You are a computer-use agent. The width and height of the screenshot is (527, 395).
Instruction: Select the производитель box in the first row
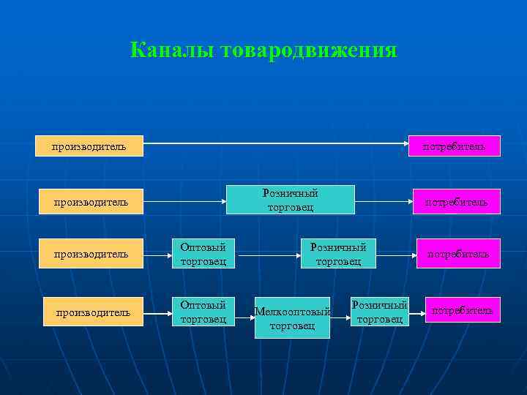89,146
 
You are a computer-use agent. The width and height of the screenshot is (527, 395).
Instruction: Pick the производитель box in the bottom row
94,312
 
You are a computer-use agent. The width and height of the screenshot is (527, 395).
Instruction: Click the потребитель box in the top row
454,146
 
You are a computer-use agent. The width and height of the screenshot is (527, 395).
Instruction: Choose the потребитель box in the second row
457,201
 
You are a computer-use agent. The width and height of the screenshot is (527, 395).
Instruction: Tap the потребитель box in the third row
458,254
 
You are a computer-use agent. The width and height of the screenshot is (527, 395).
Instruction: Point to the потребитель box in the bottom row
463,310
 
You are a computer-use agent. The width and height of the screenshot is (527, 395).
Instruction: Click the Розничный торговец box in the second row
291,200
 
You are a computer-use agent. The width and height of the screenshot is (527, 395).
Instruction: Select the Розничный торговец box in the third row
338,253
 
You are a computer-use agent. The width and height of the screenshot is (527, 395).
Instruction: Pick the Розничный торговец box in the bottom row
379,311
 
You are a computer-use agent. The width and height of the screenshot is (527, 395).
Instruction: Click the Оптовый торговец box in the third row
203,253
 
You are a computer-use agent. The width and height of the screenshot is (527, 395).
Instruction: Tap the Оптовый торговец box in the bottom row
203,311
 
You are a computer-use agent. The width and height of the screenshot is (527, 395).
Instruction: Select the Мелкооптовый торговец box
292,317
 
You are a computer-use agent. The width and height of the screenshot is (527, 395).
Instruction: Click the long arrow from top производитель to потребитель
275,144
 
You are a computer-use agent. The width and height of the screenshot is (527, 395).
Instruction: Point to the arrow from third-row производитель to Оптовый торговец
157,257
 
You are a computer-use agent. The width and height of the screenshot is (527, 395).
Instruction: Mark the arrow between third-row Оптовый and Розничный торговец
268,257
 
